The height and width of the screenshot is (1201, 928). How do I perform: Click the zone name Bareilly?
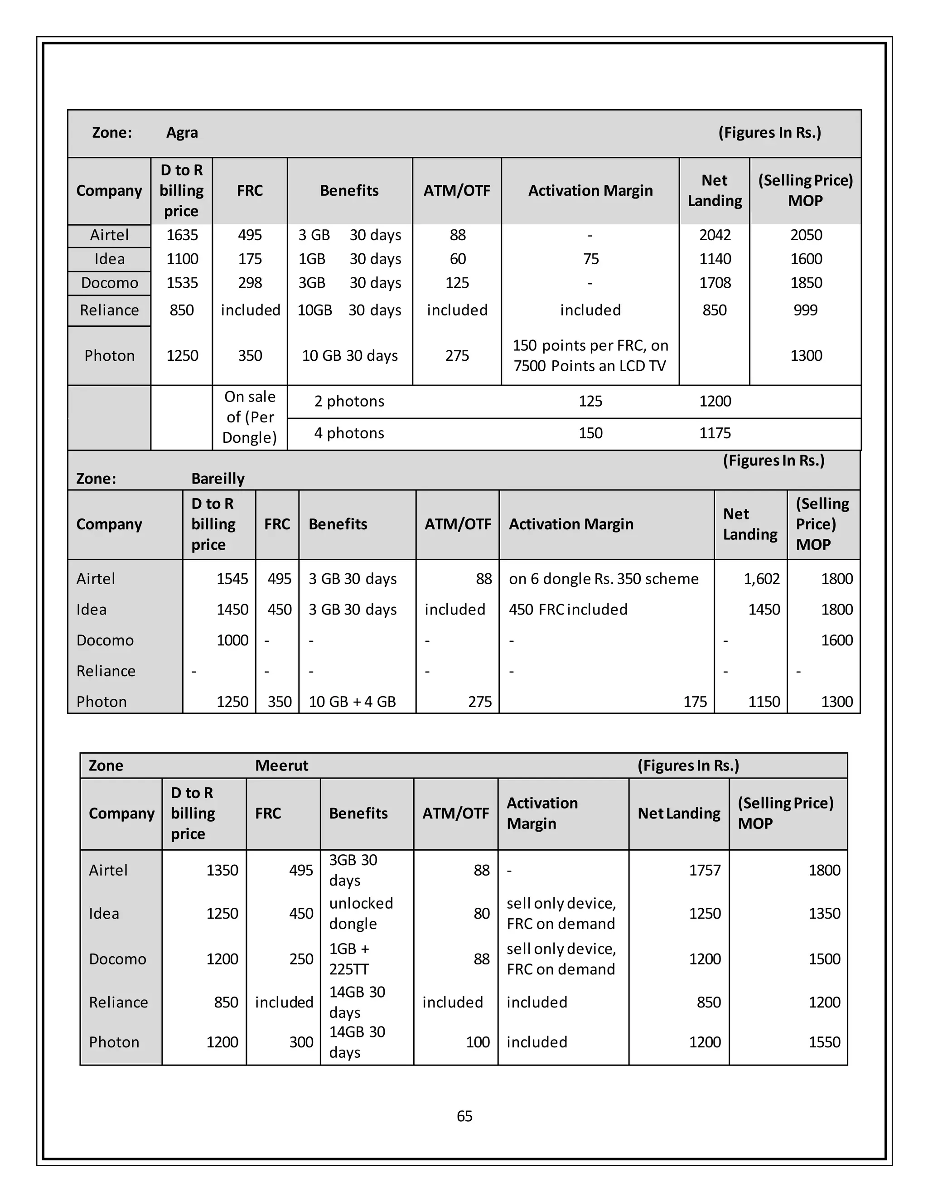click(217, 479)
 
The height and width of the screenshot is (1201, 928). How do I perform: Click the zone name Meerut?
click(281, 765)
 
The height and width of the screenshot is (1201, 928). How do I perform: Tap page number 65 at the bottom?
click(464, 1116)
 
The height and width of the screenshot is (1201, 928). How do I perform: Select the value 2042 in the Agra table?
click(715, 235)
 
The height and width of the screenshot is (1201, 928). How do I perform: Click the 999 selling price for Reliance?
click(805, 310)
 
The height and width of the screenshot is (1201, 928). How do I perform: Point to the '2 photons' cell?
click(349, 402)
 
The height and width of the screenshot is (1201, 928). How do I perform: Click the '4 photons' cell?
click(349, 433)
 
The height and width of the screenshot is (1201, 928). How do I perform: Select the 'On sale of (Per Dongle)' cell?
click(250, 417)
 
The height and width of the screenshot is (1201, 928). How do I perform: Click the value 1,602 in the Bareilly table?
click(761, 579)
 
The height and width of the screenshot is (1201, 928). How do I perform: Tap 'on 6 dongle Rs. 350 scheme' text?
click(604, 579)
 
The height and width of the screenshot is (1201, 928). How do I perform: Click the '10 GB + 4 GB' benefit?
click(353, 702)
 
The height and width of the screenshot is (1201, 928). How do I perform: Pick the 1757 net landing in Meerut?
click(704, 871)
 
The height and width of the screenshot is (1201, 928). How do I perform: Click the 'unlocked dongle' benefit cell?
click(361, 913)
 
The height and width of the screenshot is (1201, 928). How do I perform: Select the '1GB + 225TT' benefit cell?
click(350, 959)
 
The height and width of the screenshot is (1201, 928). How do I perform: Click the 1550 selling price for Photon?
click(824, 1042)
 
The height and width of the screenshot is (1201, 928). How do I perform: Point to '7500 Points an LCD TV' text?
click(590, 366)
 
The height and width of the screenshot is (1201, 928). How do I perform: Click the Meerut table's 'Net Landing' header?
click(679, 814)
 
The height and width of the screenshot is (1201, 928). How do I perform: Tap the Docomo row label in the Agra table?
click(109, 283)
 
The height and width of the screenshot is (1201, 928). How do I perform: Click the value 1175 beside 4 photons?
click(715, 433)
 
